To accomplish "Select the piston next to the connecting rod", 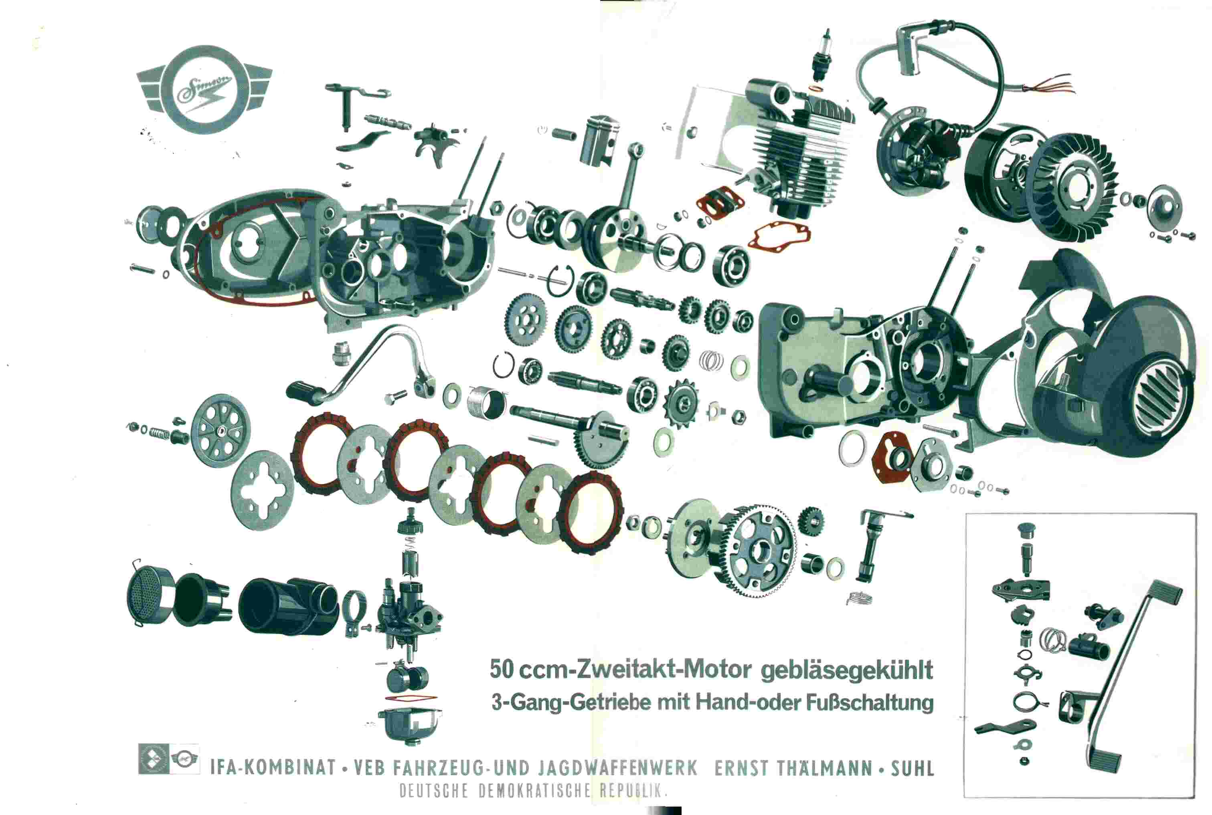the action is pos(599,141).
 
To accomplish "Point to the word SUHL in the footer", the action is pos(913,768).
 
